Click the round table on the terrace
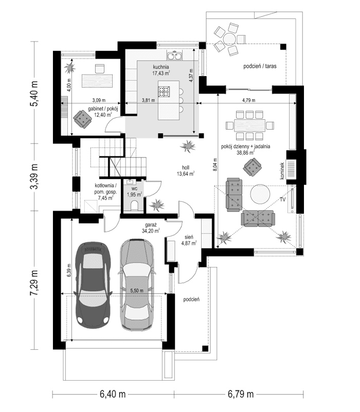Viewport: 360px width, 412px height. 228,39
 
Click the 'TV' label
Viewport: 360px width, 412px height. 283,199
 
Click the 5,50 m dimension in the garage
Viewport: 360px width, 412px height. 136,291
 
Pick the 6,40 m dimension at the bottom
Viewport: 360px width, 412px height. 113,395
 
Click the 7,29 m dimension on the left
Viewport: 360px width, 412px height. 35,283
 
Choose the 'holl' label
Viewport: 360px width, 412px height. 185,167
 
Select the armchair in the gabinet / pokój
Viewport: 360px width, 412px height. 81,118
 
